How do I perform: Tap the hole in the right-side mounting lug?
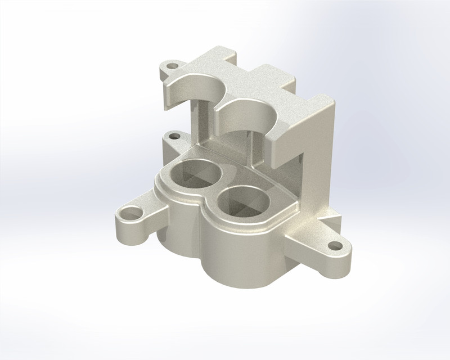pyautogui.click(x=336, y=245)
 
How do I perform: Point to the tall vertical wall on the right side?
pyautogui.click(x=321, y=157)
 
